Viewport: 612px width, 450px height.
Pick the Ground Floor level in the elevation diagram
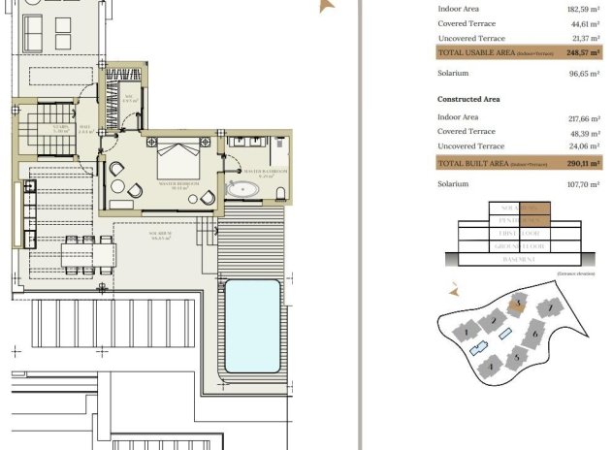(x=519, y=247)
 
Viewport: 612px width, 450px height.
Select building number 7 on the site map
(x=551, y=308)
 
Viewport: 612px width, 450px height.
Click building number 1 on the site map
(x=467, y=332)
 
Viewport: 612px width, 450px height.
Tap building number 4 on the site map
(x=491, y=368)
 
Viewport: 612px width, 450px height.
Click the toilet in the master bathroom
(x=280, y=191)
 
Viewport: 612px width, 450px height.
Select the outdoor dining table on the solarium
(x=80, y=254)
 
